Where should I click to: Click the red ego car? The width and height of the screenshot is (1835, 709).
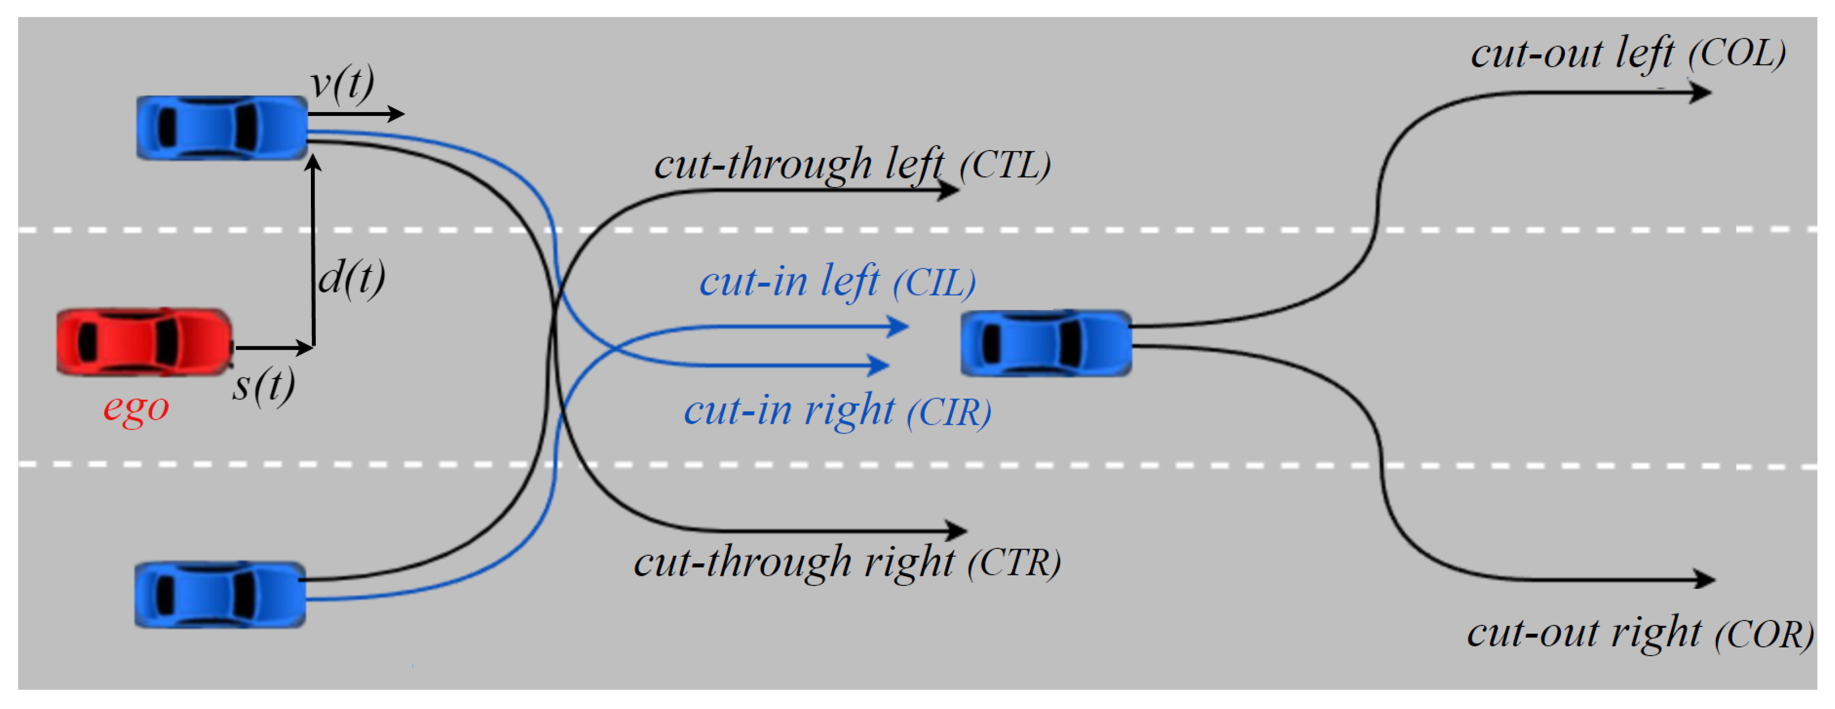tap(144, 342)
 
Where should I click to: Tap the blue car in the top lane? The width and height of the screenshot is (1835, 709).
tap(221, 128)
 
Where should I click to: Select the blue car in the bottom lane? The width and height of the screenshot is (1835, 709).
tap(220, 595)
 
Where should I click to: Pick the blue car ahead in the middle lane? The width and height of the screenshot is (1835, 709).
tap(1046, 344)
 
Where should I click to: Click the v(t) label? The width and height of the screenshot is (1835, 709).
tap(342, 84)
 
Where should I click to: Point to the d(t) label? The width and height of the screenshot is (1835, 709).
tap(351, 278)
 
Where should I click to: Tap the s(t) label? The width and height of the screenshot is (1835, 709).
tap(264, 387)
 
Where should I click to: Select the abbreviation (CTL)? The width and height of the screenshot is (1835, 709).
tap(1005, 165)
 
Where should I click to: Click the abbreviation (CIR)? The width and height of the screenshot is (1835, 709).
tap(949, 413)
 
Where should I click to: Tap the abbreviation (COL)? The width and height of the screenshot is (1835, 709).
tap(1737, 53)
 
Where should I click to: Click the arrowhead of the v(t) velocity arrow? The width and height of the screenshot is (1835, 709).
tap(395, 114)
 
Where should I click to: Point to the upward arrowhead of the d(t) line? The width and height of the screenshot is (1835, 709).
tap(314, 163)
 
